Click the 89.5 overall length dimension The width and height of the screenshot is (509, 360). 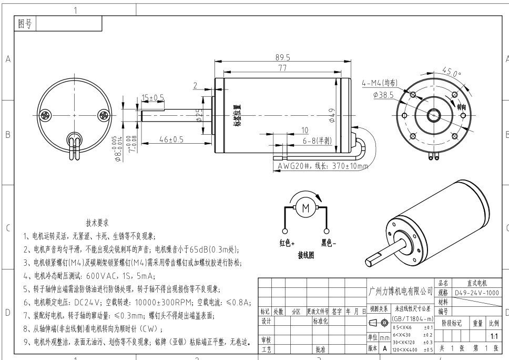[x=282, y=57]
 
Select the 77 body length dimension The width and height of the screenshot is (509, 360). [x=282, y=68]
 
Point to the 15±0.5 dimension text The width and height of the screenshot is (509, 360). [x=152, y=97]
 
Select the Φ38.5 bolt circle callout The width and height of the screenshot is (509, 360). [x=383, y=95]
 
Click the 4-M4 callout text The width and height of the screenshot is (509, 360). [x=380, y=83]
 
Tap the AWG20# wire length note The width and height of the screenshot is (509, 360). [x=323, y=166]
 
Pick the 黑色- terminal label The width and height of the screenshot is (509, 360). [x=329, y=243]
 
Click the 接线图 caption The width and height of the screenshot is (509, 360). [x=306, y=255]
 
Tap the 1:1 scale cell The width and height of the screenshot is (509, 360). [x=494, y=335]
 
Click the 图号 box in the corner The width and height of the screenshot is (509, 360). [x=25, y=24]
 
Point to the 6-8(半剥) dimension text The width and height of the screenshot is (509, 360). [x=318, y=141]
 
